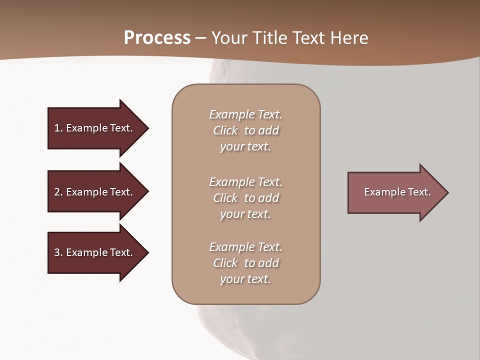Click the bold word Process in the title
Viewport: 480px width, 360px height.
(157, 38)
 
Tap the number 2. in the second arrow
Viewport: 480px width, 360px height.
(58, 192)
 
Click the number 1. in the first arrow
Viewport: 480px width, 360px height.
(58, 128)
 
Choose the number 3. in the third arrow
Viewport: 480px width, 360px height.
(58, 252)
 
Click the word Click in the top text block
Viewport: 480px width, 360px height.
(225, 130)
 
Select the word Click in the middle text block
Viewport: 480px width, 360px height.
(225, 198)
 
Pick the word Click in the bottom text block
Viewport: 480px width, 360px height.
(225, 263)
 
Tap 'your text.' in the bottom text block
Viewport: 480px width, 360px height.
(245, 279)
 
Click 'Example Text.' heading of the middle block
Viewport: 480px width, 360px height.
(245, 182)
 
